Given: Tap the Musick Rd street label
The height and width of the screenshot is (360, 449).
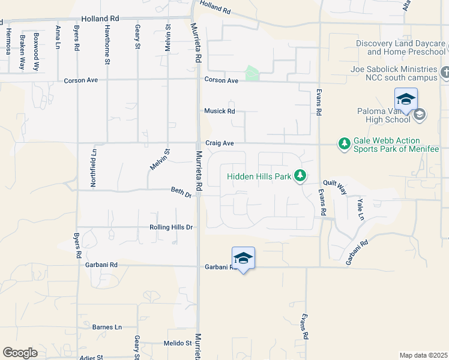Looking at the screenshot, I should [218, 111].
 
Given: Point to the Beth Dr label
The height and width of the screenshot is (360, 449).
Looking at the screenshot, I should [181, 193].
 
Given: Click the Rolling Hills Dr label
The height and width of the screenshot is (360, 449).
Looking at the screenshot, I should [171, 227].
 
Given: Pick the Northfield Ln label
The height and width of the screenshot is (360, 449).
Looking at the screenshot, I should [93, 169].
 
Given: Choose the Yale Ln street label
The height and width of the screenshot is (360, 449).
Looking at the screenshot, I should [360, 208].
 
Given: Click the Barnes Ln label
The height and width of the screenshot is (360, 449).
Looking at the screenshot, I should [107, 327].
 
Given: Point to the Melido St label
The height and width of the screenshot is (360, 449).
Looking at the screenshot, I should [176, 343].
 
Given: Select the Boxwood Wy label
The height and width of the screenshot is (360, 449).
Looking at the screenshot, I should [37, 51].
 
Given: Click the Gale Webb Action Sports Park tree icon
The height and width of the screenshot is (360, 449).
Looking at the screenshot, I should [345, 143].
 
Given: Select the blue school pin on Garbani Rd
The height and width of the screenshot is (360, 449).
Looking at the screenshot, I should [243, 259].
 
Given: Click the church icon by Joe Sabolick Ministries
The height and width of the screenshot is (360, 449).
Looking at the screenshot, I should [444, 73].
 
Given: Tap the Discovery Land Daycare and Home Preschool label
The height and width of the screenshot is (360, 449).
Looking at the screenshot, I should [400, 47].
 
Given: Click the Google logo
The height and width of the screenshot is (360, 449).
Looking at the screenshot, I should [20, 353].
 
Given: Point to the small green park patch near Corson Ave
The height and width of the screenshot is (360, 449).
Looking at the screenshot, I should [253, 74].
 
